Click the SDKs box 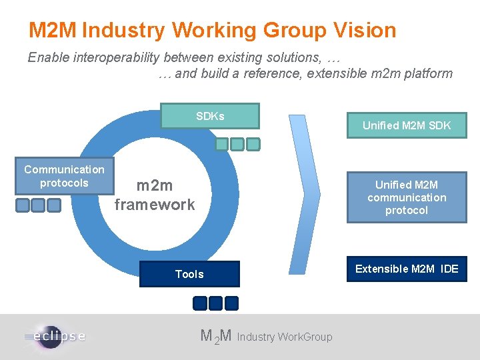click(x=210, y=116)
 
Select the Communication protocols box click(x=64, y=176)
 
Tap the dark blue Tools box click(x=189, y=274)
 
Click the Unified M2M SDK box click(x=407, y=125)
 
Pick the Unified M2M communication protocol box click(x=407, y=197)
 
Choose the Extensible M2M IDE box click(x=407, y=269)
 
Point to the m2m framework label click(x=155, y=195)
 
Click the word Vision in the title click(x=363, y=30)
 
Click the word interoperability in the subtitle click(x=111, y=57)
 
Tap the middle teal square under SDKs click(x=237, y=144)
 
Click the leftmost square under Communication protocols click(x=23, y=205)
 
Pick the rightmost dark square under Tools click(x=231, y=303)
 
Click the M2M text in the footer click(x=216, y=337)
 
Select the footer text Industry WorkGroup click(x=285, y=337)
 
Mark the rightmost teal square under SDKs click(x=253, y=144)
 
